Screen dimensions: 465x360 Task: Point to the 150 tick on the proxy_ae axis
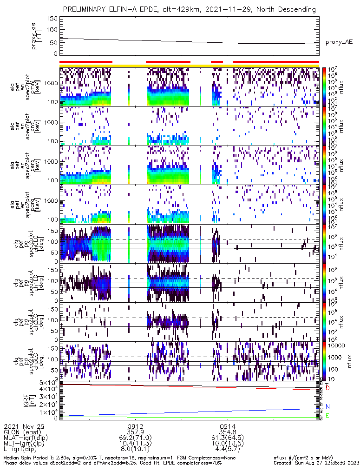point(52,19)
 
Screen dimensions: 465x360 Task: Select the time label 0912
point(135,426)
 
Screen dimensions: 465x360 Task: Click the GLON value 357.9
point(135,432)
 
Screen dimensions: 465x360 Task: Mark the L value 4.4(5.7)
point(228,450)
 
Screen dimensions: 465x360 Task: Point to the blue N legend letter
point(327,406)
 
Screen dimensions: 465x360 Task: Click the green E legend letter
point(327,415)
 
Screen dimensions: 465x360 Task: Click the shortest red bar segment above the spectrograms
point(217,61)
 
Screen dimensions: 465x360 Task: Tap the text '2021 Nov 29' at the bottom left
point(21,426)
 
